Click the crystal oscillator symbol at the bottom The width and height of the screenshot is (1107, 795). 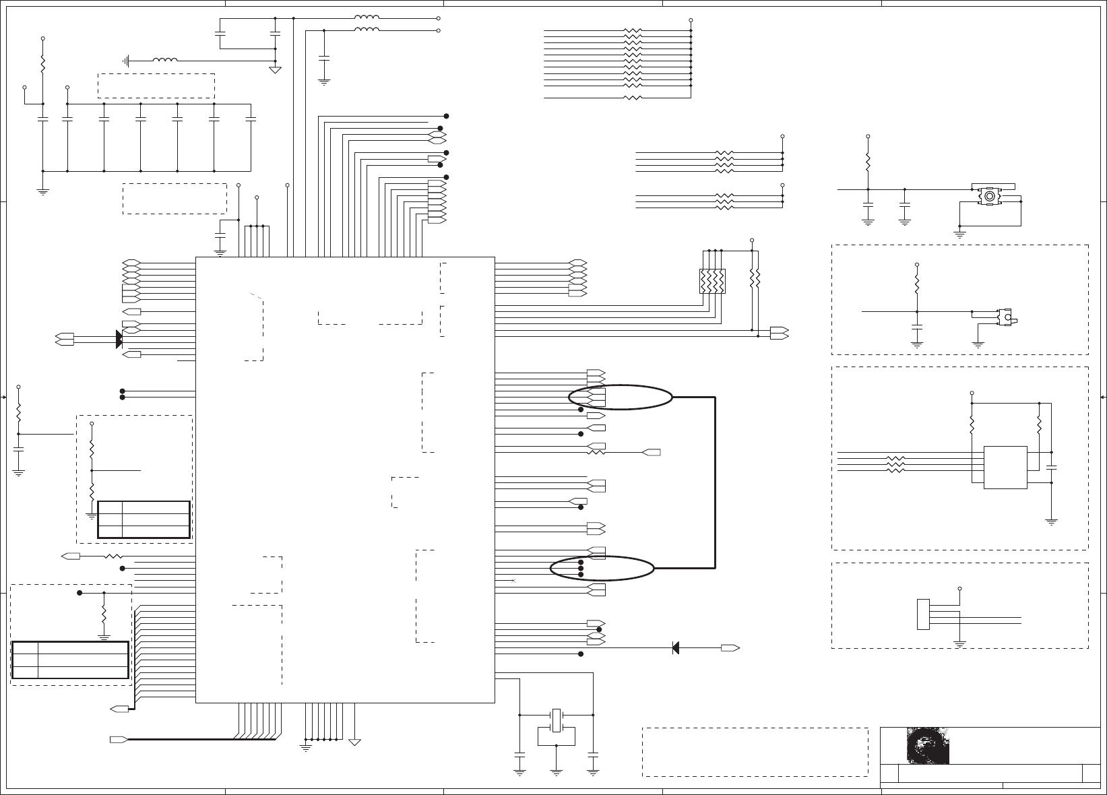[x=557, y=719]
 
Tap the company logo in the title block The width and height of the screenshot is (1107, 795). [x=927, y=745]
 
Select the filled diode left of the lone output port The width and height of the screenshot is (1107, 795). [x=675, y=648]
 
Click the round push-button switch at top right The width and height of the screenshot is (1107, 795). [x=988, y=196]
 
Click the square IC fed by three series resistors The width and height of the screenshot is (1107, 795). [x=1005, y=467]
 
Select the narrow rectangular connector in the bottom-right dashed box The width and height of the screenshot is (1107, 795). [x=923, y=614]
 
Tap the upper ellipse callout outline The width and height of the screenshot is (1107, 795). [x=620, y=397]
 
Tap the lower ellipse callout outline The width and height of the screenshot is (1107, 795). [x=602, y=569]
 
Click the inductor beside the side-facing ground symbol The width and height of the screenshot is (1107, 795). [x=165, y=61]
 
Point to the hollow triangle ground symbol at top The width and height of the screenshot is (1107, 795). [x=275, y=69]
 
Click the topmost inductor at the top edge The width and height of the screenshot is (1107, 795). [x=367, y=18]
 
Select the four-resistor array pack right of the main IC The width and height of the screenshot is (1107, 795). [x=712, y=281]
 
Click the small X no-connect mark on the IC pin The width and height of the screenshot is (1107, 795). [x=513, y=580]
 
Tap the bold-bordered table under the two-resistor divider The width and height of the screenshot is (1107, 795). [x=144, y=519]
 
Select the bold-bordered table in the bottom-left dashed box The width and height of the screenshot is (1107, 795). [x=70, y=660]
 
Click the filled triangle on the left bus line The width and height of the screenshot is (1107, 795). [x=119, y=339]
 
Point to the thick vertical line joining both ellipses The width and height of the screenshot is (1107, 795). [x=715, y=482]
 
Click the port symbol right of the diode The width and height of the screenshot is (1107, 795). [x=730, y=648]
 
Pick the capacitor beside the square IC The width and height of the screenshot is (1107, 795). [x=1051, y=466]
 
